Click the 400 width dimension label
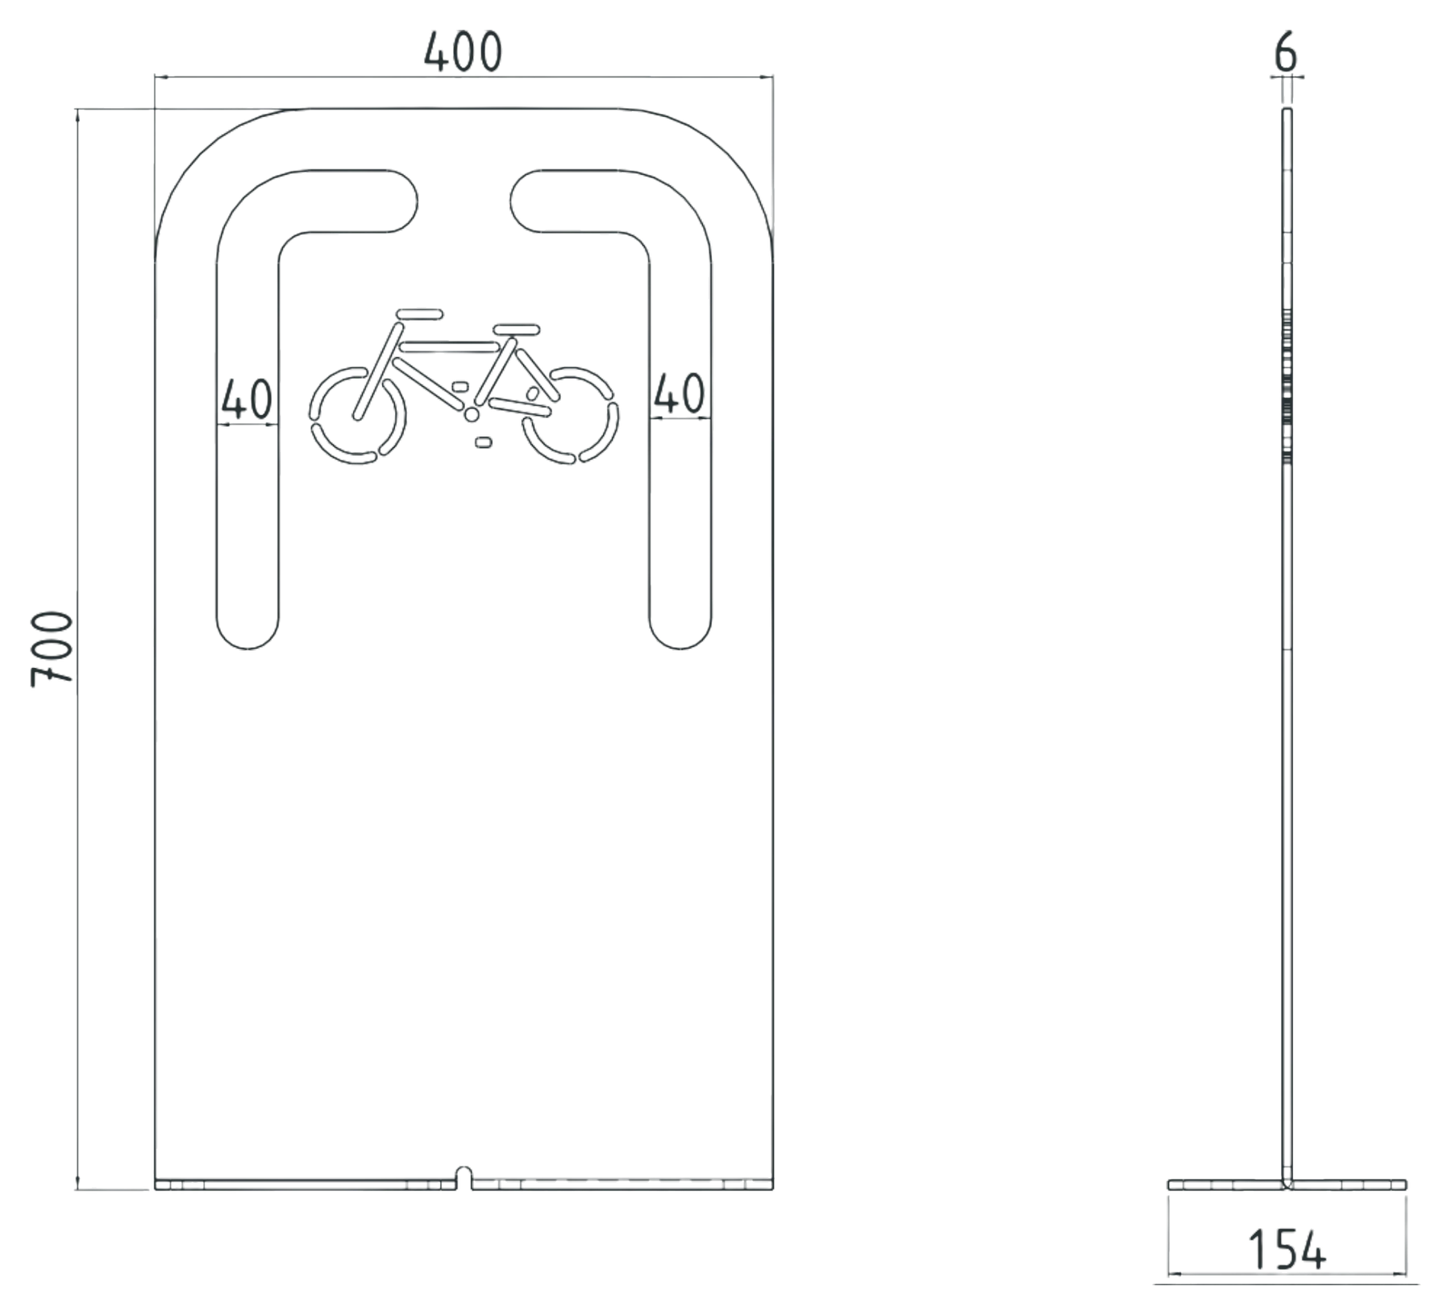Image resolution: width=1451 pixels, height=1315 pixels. (463, 52)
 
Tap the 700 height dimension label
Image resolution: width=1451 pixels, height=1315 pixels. (52, 649)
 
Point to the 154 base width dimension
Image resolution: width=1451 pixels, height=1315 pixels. (1287, 1250)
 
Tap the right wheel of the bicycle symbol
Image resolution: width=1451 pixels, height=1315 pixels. (571, 416)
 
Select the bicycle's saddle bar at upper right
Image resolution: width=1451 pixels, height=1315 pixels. (517, 329)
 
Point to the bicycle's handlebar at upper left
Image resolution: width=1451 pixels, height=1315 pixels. (419, 313)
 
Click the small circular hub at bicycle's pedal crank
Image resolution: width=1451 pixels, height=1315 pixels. (472, 415)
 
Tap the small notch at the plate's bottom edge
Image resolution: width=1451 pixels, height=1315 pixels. (463, 1176)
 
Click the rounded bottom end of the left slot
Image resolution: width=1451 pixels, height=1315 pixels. (248, 633)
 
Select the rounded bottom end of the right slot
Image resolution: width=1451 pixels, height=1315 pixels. (680, 633)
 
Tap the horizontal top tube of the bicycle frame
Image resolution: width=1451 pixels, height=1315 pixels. (449, 347)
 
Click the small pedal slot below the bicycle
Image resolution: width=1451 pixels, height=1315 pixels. (483, 442)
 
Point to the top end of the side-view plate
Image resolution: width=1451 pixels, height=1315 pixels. (1287, 110)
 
